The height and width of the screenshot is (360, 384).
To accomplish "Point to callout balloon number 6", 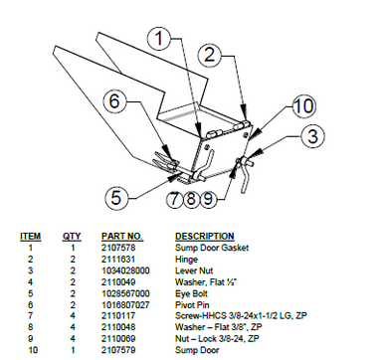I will pos(114,100).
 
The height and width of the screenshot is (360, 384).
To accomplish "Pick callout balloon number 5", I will pos(116,197).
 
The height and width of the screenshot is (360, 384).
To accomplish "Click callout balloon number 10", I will pos(302,106).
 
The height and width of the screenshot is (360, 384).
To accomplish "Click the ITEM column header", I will pos(30,237).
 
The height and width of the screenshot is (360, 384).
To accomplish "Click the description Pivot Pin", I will pos(192,306).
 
